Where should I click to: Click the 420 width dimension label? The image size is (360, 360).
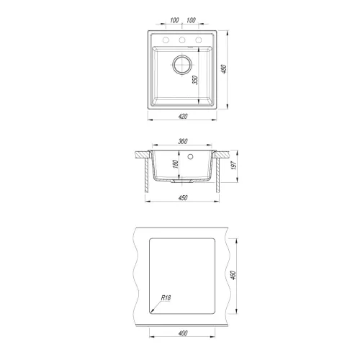pyautogui.click(x=183, y=117)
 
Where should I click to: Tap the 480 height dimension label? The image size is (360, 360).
pyautogui.click(x=224, y=69)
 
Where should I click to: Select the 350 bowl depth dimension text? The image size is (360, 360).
pyautogui.click(x=195, y=80)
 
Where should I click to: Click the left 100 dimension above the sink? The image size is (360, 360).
pyautogui.click(x=174, y=20)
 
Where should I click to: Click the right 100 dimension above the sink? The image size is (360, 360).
pyautogui.click(x=191, y=20)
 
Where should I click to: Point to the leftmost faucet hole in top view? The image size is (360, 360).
pyautogui.click(x=166, y=40)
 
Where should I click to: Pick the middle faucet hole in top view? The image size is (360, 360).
pyautogui.click(x=182, y=40)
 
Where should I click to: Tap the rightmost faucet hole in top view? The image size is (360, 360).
pyautogui.click(x=199, y=40)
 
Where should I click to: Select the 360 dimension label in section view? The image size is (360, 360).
pyautogui.click(x=183, y=142)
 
